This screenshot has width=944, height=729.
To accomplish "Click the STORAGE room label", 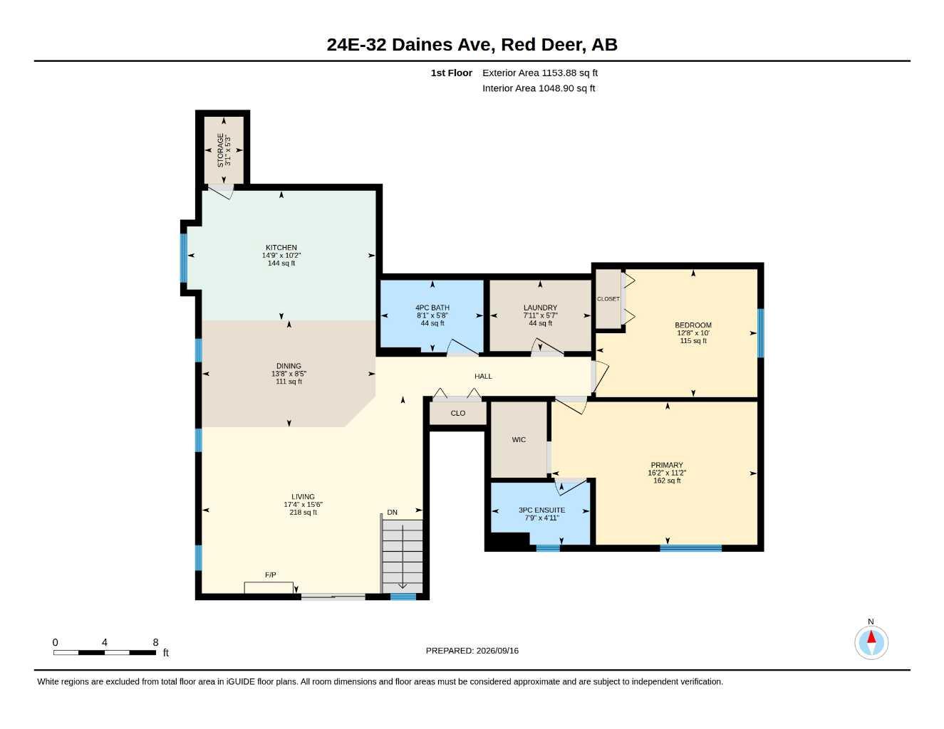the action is click(220, 150).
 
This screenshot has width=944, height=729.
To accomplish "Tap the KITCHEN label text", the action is click(281, 247).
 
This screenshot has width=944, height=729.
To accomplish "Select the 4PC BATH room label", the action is click(432, 308).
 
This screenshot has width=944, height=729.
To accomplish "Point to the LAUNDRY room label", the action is click(540, 308).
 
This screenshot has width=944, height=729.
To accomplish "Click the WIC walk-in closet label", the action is click(519, 439).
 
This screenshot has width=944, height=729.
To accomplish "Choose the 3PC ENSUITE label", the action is click(541, 510).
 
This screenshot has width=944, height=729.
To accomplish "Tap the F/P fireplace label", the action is click(270, 575).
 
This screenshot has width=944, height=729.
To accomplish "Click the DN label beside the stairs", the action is click(392, 512).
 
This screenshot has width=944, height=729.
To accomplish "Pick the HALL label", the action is click(483, 376).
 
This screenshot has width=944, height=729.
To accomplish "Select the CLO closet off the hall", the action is click(458, 413).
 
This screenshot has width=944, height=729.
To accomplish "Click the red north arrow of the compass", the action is click(871, 636).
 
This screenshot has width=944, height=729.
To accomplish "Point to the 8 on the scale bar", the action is click(155, 642).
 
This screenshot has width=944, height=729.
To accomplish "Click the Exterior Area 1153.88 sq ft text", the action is click(540, 73).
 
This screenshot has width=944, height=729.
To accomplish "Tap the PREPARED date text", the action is click(472, 651).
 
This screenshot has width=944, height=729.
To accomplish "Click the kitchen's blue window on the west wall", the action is click(184, 258).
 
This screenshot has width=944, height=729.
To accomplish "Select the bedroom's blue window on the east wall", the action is click(760, 333).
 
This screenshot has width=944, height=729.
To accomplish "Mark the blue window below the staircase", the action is click(403, 597).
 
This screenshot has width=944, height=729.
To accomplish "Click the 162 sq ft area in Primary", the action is click(667, 481).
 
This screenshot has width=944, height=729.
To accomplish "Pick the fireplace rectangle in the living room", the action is click(269, 587).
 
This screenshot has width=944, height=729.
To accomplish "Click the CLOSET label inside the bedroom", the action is click(608, 299).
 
